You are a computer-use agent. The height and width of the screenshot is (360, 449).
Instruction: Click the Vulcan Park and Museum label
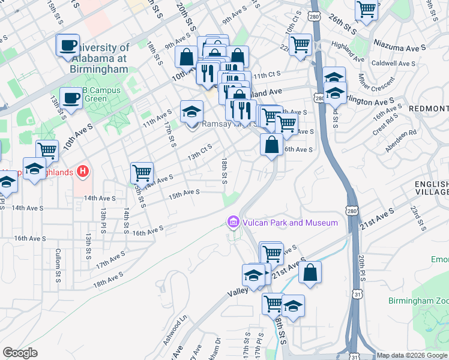289,223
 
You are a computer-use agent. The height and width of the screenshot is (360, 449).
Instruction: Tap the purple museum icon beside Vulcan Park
233,223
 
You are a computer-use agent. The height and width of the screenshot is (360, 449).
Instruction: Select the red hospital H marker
83,172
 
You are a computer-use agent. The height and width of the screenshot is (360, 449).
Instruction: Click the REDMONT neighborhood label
428,108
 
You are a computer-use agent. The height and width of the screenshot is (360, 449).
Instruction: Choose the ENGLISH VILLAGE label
431,188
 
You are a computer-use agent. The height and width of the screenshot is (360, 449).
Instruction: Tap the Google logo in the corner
20,353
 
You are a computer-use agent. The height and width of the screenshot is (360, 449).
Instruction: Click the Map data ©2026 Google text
412,355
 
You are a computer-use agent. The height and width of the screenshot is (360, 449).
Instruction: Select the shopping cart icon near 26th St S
366,9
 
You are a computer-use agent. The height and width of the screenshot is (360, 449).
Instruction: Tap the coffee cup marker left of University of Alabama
68,45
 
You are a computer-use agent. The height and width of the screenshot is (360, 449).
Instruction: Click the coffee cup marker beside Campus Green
71,97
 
